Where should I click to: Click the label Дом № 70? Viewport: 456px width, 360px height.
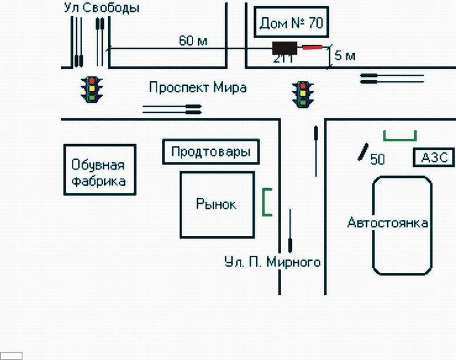291,23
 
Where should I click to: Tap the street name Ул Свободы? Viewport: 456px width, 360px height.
102,8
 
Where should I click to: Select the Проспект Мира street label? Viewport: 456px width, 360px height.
198,88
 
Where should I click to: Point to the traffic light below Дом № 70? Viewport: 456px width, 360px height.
303,93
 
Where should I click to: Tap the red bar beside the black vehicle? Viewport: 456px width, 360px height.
312,47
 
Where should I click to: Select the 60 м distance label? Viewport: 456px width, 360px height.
193,41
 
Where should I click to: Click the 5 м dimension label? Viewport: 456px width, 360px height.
345,56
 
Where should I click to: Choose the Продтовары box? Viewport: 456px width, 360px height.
211,153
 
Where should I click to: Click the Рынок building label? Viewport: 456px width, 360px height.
216,204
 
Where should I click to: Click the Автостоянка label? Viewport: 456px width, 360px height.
388,223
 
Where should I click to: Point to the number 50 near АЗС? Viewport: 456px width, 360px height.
377,159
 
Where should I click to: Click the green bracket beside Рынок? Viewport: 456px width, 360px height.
267,202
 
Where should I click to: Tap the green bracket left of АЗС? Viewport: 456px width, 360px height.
400,136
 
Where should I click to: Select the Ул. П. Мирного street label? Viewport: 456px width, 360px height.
272,263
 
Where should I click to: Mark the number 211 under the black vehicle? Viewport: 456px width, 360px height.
284,58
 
